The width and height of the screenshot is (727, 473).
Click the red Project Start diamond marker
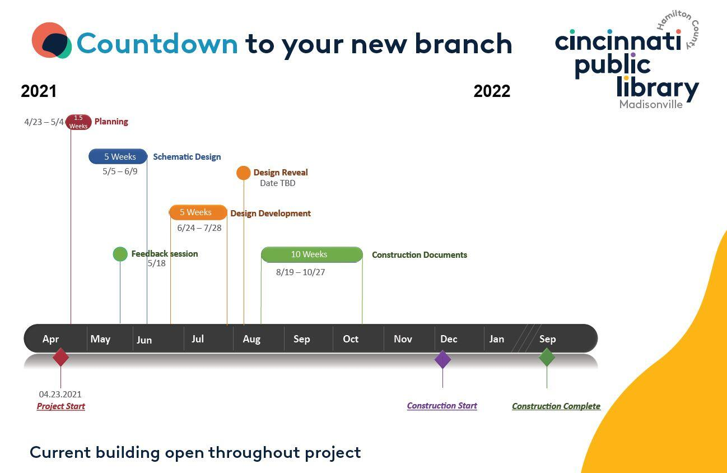pyautogui.click(x=60, y=357)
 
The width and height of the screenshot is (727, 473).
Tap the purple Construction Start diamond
pyautogui.click(x=442, y=359)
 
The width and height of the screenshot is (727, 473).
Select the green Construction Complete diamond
pyautogui.click(x=547, y=357)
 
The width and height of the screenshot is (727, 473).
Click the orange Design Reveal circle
pyautogui.click(x=244, y=173)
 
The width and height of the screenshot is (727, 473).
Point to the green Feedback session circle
pyautogui.click(x=120, y=254)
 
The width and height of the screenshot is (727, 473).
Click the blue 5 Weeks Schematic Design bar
pyautogui.click(x=118, y=156)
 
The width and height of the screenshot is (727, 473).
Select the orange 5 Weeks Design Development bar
pyautogui.click(x=198, y=212)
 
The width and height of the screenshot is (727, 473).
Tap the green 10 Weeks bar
pyautogui.click(x=312, y=254)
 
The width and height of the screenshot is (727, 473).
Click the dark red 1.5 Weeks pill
pyautogui.click(x=78, y=122)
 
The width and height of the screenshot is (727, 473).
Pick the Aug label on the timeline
pyautogui.click(x=251, y=339)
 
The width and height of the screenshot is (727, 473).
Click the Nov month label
pyautogui.click(x=403, y=339)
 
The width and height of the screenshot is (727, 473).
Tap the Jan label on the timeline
pyautogui.click(x=497, y=339)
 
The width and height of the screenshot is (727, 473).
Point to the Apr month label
pyautogui.click(x=50, y=339)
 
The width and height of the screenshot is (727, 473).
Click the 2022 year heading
pyautogui.click(x=492, y=91)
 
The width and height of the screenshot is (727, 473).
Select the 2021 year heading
pyautogui.click(x=39, y=91)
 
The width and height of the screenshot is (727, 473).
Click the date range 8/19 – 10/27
pyautogui.click(x=301, y=272)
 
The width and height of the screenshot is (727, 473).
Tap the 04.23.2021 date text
pyautogui.click(x=60, y=394)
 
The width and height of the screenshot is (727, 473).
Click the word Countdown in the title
pyautogui.click(x=157, y=44)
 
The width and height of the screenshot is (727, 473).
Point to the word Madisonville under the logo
pyautogui.click(x=651, y=104)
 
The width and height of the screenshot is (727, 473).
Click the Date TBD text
pyautogui.click(x=277, y=183)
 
